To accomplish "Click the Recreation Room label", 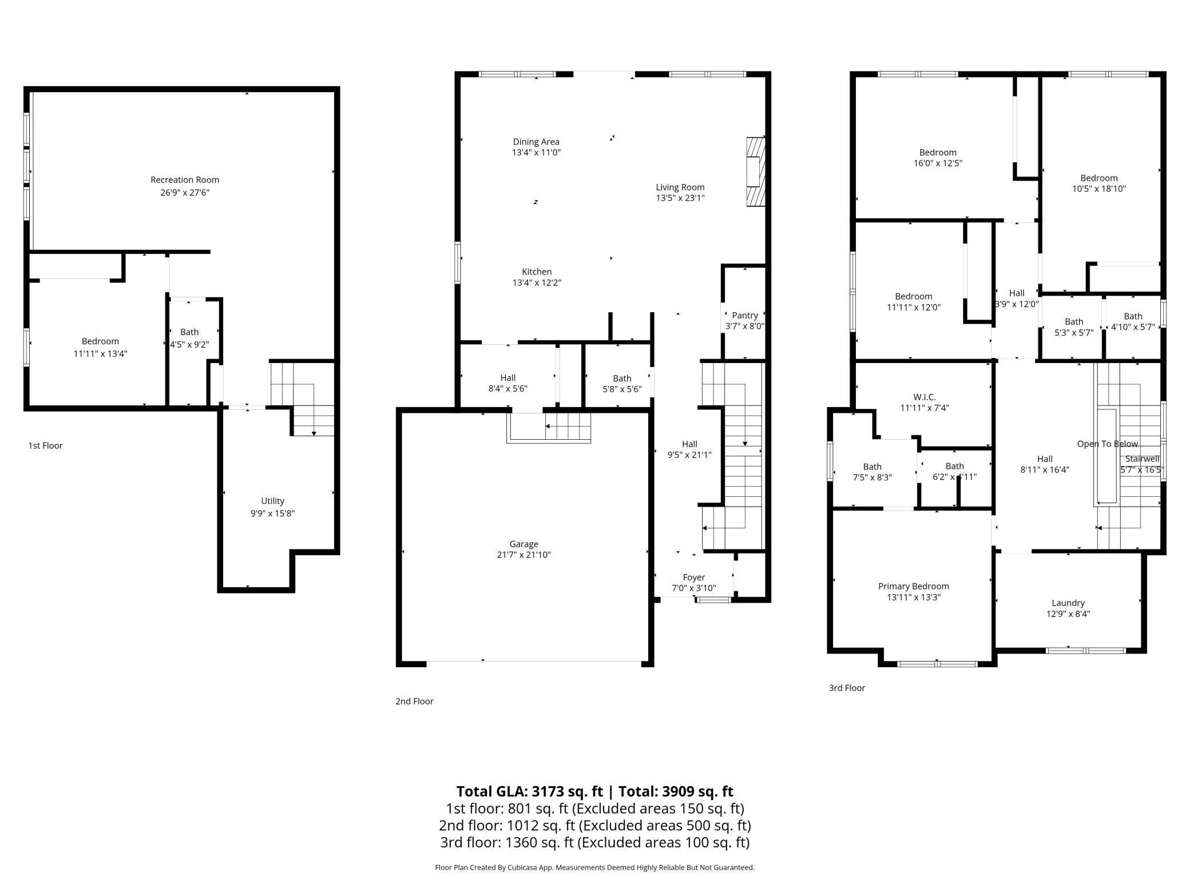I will (185, 180).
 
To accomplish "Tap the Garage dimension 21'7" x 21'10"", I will (523, 555).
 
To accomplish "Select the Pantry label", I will (744, 315).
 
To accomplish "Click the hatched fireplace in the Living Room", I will (755, 172).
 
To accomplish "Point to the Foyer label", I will (693, 577).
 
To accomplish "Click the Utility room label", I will (272, 501).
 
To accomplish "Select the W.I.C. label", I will (924, 397).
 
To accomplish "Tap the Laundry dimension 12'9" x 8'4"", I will (1068, 614).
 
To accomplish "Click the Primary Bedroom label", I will (913, 586).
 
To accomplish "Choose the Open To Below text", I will (1107, 444).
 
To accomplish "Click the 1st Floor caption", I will (45, 445).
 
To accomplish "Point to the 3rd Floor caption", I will (846, 688).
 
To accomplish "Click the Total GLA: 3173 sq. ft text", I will (529, 791).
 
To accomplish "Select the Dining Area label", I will (536, 142).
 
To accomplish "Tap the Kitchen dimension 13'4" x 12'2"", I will (536, 282).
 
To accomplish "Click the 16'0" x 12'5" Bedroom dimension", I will (938, 163).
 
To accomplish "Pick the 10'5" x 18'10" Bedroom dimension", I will (1098, 189).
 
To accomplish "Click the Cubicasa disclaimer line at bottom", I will (594, 867).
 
